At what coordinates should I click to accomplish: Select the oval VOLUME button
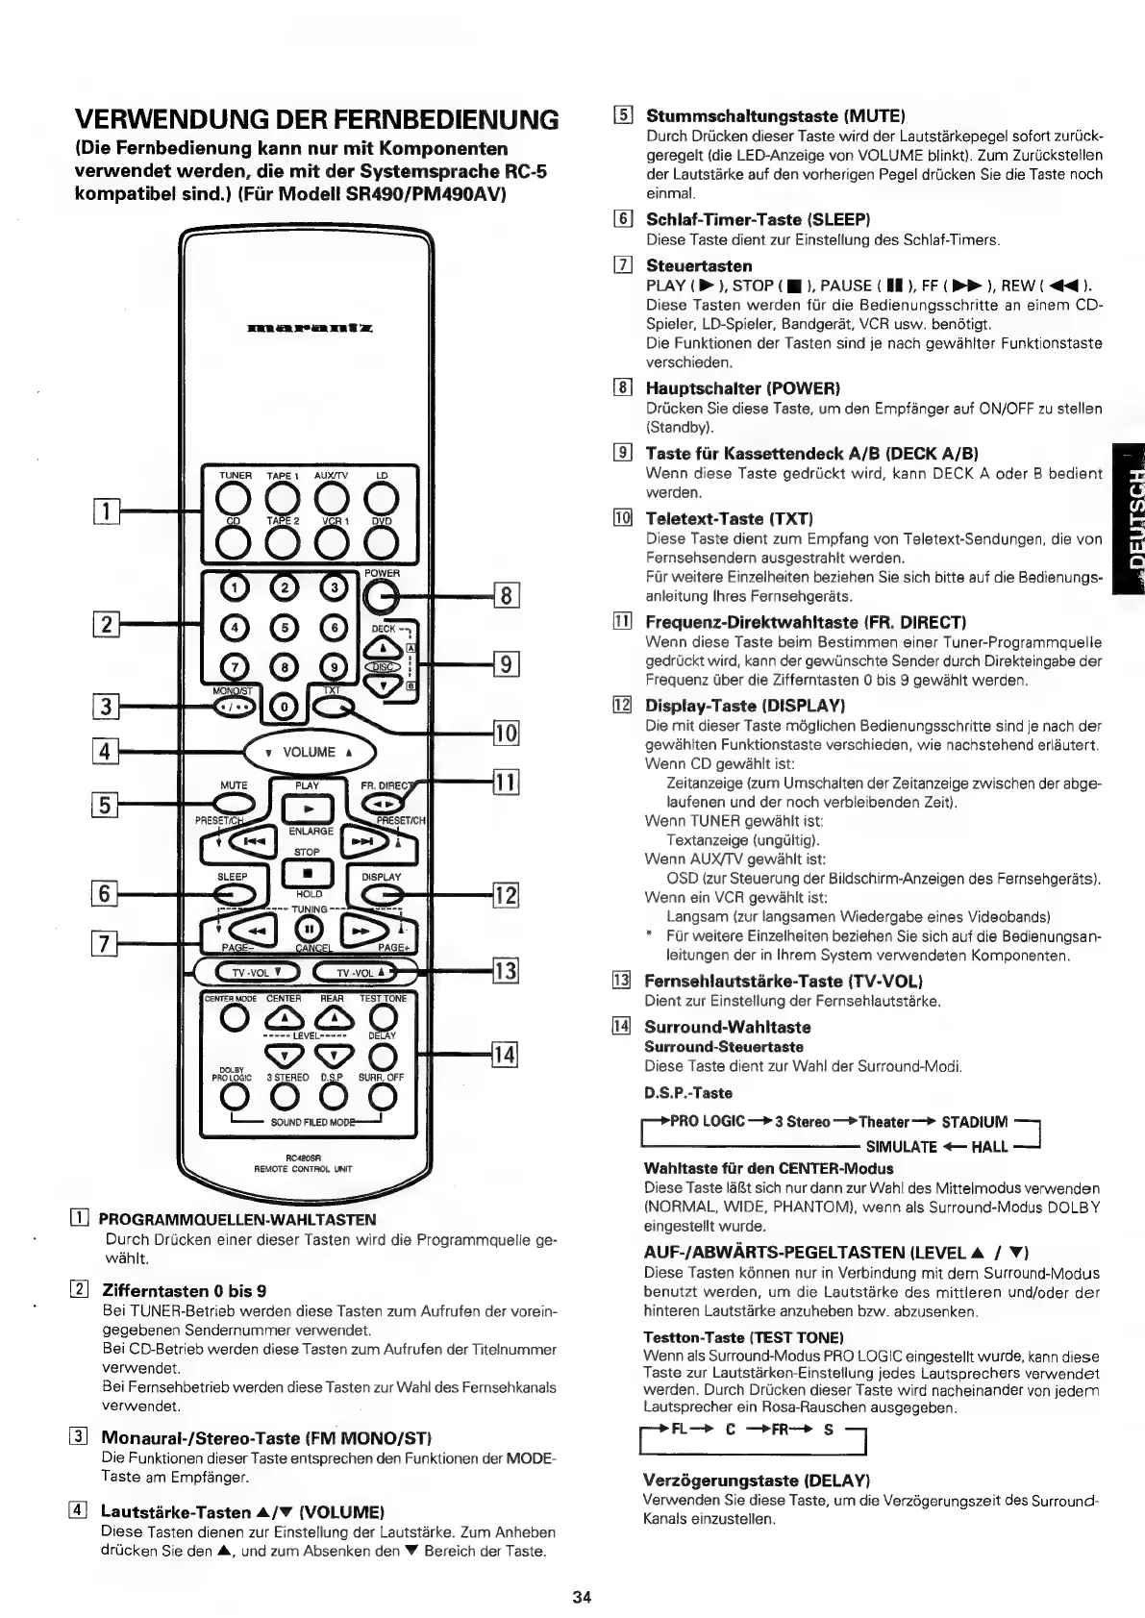[x=309, y=752]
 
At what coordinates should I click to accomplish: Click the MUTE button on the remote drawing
[x=233, y=805]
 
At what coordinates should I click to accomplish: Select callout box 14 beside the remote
[x=506, y=1055]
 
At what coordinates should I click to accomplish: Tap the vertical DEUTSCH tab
[x=1126, y=520]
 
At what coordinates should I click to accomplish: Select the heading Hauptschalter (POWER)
[x=742, y=388]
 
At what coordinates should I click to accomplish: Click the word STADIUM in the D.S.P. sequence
[x=975, y=1121]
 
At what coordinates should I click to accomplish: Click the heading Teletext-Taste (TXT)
[x=730, y=519]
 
